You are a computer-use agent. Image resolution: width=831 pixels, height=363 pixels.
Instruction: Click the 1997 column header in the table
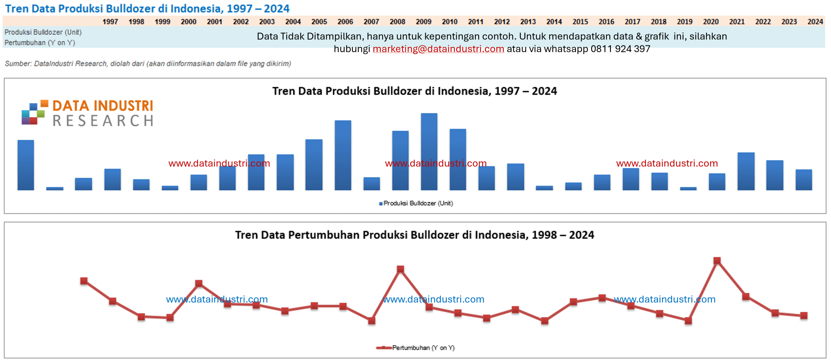tap(110, 22)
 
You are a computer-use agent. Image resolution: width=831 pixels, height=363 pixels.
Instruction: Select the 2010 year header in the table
tap(450, 22)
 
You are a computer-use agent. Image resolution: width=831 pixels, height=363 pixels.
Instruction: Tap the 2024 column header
tap(815, 22)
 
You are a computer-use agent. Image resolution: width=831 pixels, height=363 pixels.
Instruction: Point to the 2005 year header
tap(319, 22)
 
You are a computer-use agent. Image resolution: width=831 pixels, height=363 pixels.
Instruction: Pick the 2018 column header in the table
tap(659, 22)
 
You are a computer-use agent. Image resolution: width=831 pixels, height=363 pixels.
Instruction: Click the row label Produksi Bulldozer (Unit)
tap(43, 32)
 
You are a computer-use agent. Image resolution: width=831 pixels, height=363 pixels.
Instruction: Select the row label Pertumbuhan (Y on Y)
tap(40, 43)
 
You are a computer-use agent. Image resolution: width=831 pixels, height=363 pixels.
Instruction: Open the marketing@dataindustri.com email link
tap(438, 49)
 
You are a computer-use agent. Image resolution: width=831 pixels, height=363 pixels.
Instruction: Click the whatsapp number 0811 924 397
tap(620, 49)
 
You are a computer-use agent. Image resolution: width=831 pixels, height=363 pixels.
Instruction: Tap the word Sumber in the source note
tap(18, 63)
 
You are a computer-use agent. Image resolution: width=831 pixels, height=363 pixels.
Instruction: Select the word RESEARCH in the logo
tap(103, 121)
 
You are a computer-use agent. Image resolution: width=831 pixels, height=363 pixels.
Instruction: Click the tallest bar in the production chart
tap(429, 151)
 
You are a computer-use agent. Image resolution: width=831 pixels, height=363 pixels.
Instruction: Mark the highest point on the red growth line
tap(717, 261)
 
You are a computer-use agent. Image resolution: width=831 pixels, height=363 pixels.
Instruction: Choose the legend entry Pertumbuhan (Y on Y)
tap(415, 348)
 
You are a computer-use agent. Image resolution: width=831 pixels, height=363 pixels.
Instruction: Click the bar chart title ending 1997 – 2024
tap(415, 91)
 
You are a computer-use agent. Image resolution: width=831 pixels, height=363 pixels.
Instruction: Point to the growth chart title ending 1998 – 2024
tap(415, 235)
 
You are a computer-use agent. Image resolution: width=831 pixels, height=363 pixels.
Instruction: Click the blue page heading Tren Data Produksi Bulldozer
tap(147, 8)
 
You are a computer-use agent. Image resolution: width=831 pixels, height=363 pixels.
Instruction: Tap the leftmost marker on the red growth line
tap(84, 281)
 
